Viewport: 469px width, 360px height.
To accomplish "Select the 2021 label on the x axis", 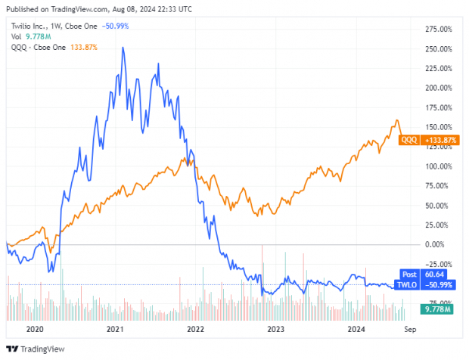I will tap(115, 329).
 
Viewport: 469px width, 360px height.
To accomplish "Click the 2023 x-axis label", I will tap(276, 329).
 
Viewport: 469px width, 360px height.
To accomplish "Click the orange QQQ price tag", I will tap(408, 140).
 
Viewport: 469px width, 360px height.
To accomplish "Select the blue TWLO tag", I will tap(408, 284).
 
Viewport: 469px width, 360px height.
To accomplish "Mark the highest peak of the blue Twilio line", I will tap(123, 48).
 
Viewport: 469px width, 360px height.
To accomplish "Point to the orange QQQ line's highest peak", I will tap(396, 120).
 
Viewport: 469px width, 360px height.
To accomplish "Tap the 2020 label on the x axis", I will tap(35, 329).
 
